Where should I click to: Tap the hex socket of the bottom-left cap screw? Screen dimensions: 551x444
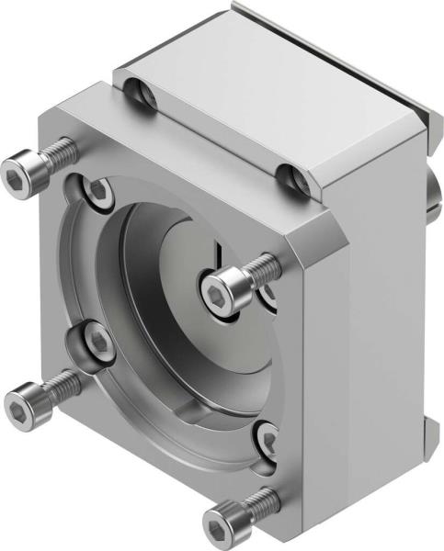click(x=20, y=402)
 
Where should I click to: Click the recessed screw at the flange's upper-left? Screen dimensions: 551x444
click(x=97, y=193)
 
